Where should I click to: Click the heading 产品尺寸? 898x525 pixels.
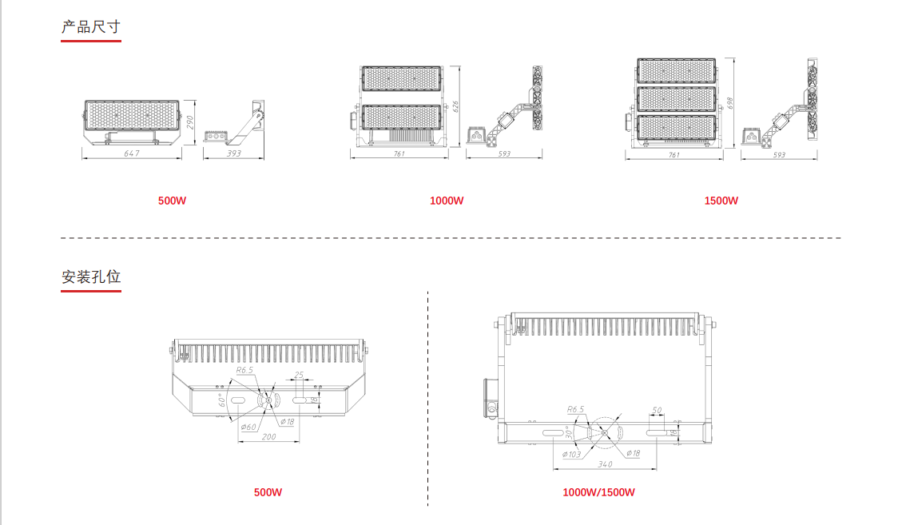tap(91, 26)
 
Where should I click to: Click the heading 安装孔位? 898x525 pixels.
tap(91, 277)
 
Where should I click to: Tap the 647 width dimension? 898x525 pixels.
tap(133, 153)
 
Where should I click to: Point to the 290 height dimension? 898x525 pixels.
tap(190, 123)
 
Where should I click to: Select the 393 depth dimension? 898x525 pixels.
tap(234, 153)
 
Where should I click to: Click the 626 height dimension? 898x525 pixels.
tap(455, 107)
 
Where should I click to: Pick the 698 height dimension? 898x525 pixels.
tap(730, 104)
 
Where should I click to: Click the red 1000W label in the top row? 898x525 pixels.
tap(447, 201)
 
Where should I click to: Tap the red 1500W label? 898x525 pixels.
tap(721, 201)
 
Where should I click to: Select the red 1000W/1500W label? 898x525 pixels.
tap(598, 492)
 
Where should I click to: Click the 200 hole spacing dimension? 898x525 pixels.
tap(268, 437)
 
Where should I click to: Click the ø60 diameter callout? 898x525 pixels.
tap(248, 428)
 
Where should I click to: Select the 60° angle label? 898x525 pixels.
tap(221, 400)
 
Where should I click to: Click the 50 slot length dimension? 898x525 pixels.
tap(657, 410)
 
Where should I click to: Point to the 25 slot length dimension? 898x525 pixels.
tap(299, 375)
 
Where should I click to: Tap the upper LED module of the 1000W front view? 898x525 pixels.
tap(400, 78)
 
